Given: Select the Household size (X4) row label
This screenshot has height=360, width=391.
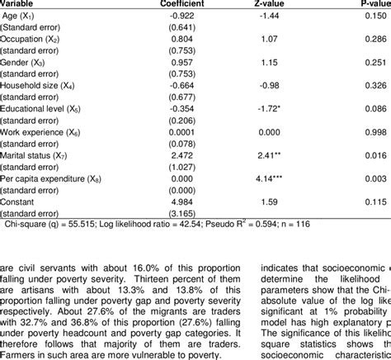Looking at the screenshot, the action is [x=40, y=84].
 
